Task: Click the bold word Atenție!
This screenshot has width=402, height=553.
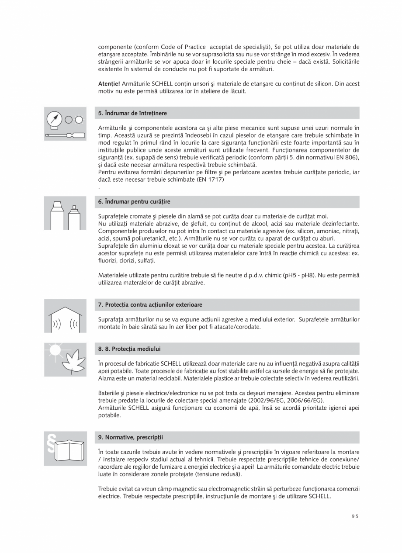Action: (x=109, y=83)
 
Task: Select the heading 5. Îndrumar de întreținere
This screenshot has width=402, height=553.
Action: (x=132, y=113)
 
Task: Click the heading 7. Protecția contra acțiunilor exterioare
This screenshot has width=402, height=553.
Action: (x=150, y=304)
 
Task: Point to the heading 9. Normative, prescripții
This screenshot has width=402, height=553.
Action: (x=131, y=437)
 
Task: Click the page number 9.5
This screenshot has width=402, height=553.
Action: (x=354, y=516)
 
